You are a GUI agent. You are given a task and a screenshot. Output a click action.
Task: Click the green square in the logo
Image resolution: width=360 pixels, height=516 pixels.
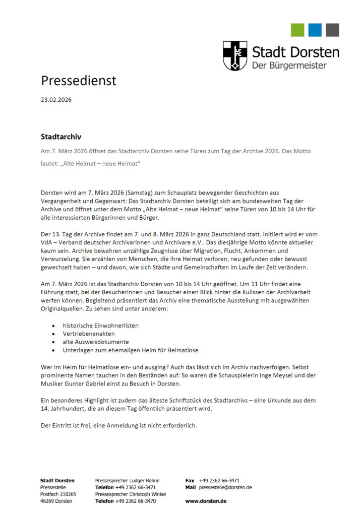click(297, 30)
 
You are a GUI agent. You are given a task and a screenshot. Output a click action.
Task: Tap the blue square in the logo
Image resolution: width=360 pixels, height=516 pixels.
click(315, 30)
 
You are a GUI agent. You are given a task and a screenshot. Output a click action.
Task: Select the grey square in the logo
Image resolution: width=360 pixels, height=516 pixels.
click(332, 30)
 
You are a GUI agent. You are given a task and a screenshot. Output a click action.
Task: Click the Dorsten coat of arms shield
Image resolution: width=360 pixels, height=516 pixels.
click(235, 55)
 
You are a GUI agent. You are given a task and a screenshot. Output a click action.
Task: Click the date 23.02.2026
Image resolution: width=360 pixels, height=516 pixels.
click(56, 100)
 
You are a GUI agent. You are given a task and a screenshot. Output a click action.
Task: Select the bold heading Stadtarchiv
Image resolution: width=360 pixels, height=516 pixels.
click(61, 136)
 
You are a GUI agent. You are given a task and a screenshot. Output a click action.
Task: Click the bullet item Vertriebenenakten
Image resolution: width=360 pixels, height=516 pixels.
click(89, 334)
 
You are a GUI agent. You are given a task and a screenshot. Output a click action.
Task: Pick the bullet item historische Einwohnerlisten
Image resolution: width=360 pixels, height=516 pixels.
click(101, 326)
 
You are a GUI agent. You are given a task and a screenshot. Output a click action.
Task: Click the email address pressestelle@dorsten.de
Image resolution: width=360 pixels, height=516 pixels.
click(225, 487)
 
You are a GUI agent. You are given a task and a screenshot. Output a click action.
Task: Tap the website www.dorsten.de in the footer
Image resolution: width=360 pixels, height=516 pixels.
click(206, 501)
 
